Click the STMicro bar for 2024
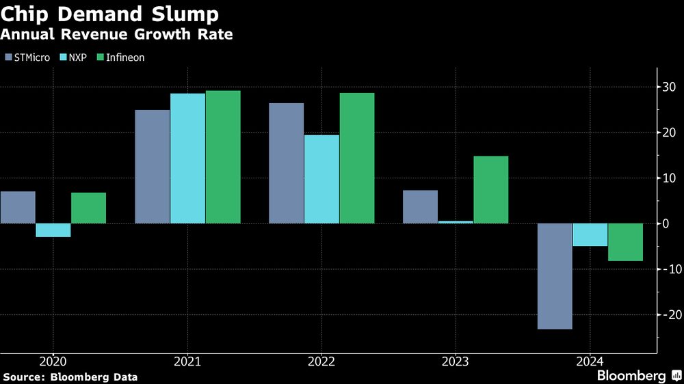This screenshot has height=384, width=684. coord(554,276)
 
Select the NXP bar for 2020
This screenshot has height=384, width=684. coord(53,230)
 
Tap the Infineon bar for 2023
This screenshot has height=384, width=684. coord(490,190)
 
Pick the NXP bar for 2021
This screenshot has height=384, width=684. coord(187,159)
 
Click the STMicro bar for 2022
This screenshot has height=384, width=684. coord(286,163)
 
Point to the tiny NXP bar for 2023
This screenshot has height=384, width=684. coord(455,222)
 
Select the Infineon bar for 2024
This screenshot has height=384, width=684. coord(625,242)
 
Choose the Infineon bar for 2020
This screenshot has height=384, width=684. coord(88,208)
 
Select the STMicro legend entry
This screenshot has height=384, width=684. coord(27,57)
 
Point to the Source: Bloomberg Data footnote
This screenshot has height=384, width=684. coord(70,376)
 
